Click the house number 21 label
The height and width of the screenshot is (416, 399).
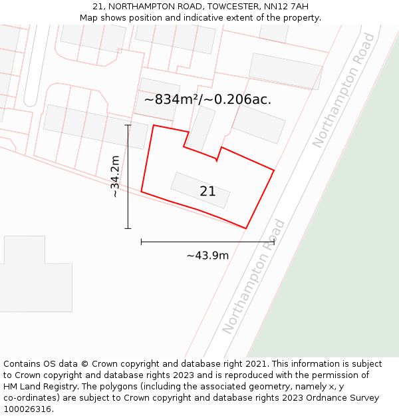[207, 192]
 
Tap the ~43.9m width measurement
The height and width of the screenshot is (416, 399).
[207, 256]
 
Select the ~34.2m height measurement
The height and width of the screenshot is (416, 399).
[115, 176]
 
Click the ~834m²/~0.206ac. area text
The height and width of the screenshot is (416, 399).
[207, 100]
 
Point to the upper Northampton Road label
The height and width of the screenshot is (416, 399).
[343, 91]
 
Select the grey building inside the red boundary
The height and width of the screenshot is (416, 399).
[200, 190]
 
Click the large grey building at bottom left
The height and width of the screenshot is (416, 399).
[33, 276]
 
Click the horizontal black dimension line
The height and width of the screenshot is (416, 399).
[207, 242]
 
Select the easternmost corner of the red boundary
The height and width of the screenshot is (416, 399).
[274, 170]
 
